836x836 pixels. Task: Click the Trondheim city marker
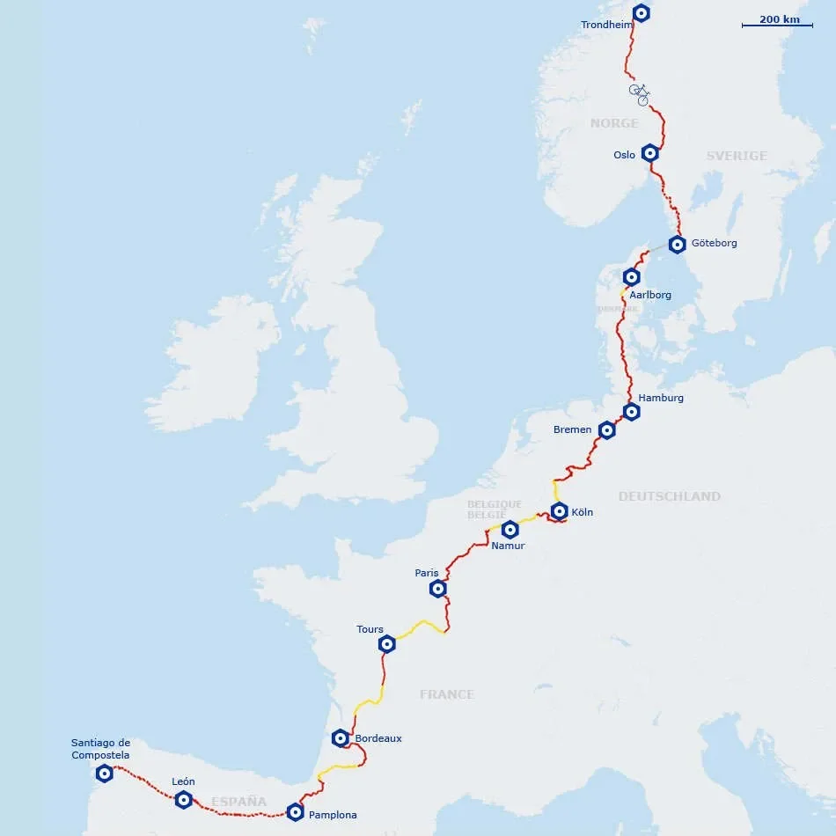(642, 12)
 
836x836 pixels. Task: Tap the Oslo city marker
(649, 152)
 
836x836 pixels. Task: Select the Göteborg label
(715, 243)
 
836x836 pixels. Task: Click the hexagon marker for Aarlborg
(631, 277)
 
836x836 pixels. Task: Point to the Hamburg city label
(661, 398)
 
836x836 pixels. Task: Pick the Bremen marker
(606, 429)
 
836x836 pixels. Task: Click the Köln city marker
(559, 510)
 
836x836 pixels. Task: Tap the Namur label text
(508, 546)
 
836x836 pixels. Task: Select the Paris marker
(437, 589)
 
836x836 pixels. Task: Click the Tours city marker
(386, 644)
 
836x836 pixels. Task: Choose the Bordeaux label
(378, 738)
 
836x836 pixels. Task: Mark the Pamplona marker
(295, 812)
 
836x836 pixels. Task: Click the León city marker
(183, 800)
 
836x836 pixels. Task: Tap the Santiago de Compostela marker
(104, 774)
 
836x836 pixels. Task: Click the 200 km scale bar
(778, 25)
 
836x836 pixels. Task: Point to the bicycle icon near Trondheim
(640, 92)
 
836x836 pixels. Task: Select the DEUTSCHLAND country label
(669, 496)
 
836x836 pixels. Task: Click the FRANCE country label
(446, 694)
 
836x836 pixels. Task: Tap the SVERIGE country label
(737, 156)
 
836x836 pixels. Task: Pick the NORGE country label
(614, 123)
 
